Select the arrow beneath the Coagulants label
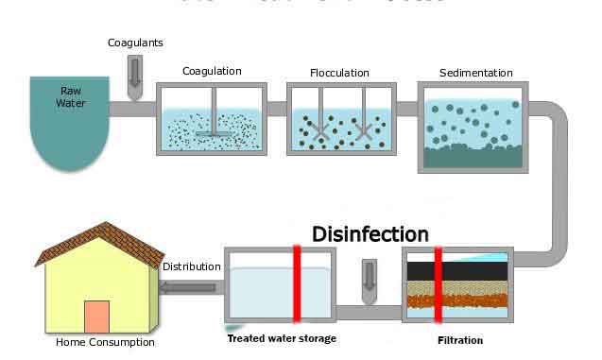click(133, 71)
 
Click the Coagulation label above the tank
click(212, 71)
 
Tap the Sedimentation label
click(476, 73)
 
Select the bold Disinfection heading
click(370, 233)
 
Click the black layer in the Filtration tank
click(457, 270)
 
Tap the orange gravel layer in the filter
click(457, 302)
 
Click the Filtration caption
click(460, 340)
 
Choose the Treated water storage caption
click(282, 338)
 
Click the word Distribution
click(191, 266)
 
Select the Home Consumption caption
click(105, 342)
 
